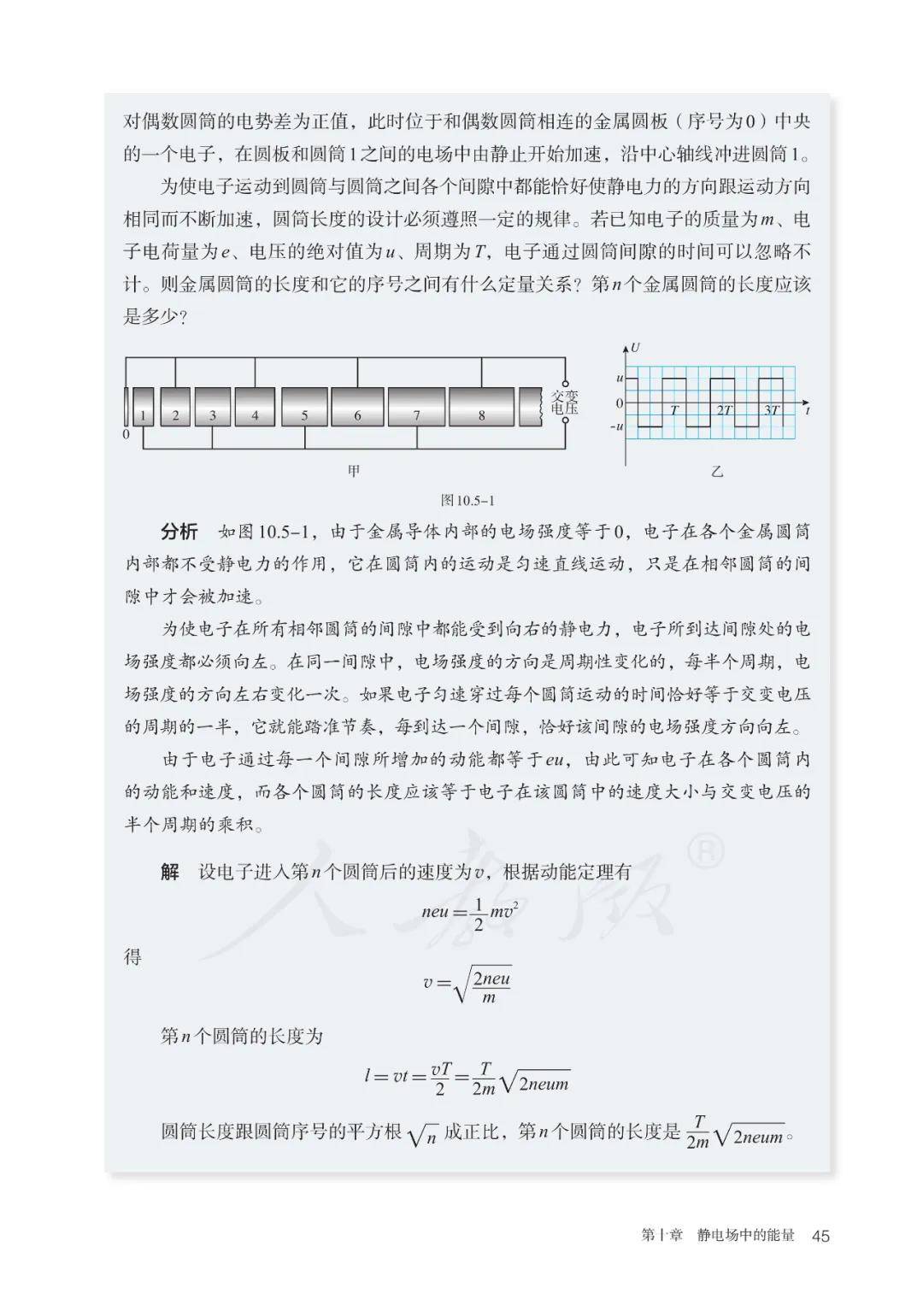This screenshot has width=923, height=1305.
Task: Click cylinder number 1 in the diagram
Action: (144, 407)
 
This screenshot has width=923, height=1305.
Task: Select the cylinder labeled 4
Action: (255, 407)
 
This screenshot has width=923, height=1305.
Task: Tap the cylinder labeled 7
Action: (416, 407)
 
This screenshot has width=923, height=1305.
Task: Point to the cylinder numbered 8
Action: (481, 407)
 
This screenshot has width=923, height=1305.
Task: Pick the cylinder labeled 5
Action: (304, 407)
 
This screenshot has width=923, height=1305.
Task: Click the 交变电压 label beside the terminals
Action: (564, 403)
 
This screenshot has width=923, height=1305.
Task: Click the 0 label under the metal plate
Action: (126, 434)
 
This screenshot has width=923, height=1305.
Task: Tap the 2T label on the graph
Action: (724, 410)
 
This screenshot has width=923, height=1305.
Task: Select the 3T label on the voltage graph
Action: (772, 410)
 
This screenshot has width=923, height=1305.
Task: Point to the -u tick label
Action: (616, 426)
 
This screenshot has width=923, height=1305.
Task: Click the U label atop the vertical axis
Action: (635, 348)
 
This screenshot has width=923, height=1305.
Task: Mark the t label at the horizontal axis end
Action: (807, 411)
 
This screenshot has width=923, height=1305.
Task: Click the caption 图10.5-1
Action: (467, 501)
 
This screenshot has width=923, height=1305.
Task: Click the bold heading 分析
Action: (179, 532)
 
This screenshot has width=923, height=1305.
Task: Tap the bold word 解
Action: (170, 872)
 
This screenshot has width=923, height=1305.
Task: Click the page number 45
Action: (820, 1236)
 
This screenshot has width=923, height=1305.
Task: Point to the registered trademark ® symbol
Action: (706, 851)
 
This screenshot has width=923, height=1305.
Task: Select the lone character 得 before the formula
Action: (132, 957)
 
